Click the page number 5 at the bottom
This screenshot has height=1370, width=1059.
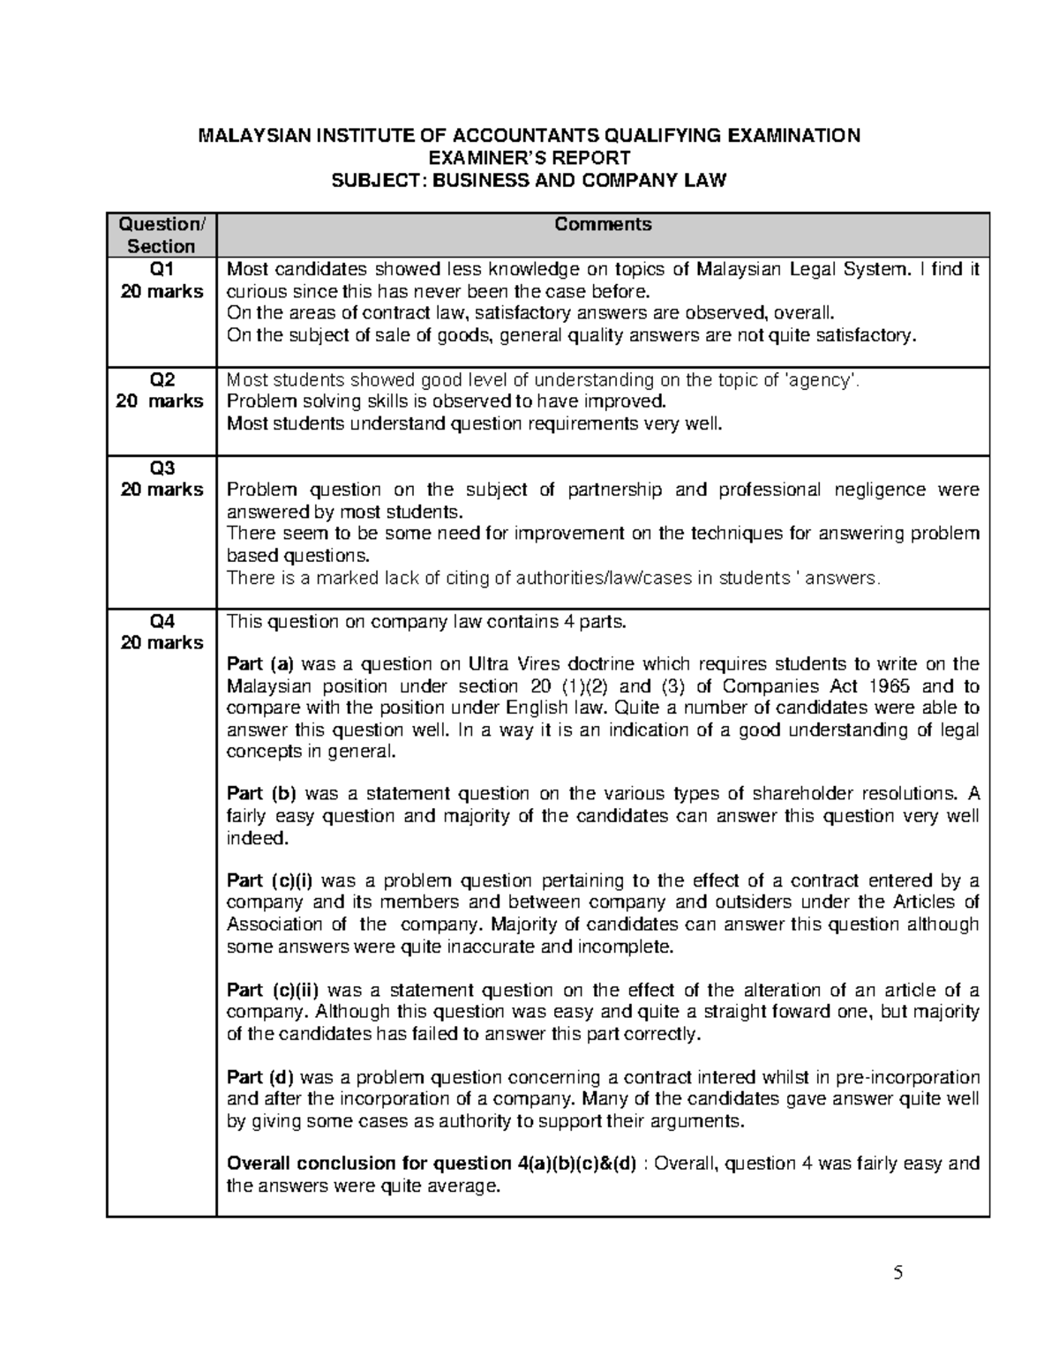point(898,1273)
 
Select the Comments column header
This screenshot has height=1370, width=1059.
point(603,225)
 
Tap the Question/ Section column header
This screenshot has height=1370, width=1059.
point(161,236)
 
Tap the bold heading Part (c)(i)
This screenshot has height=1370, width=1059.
point(270,880)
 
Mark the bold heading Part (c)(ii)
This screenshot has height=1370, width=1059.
point(273,990)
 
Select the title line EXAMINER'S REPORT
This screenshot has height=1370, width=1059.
point(529,158)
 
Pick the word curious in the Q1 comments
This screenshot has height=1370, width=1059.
point(252,292)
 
